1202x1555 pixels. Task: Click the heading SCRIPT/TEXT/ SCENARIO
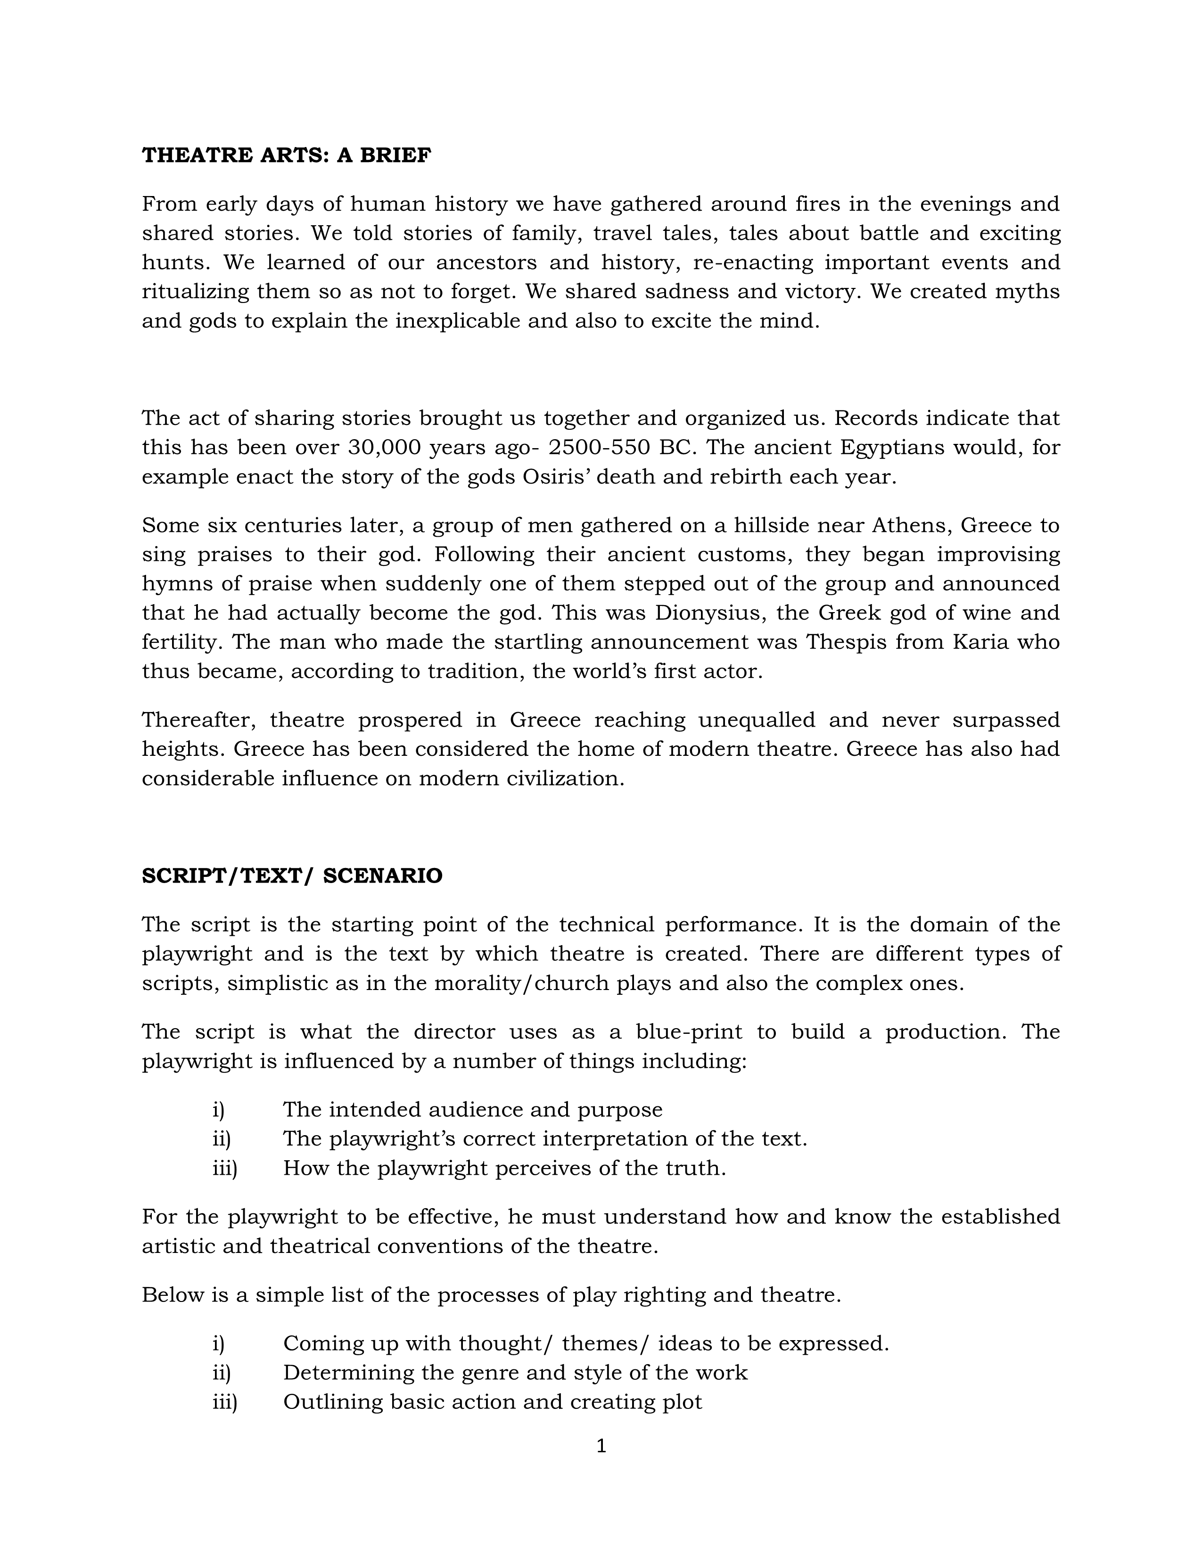point(292,876)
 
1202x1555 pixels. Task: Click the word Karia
point(981,641)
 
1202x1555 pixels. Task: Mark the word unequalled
point(756,720)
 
